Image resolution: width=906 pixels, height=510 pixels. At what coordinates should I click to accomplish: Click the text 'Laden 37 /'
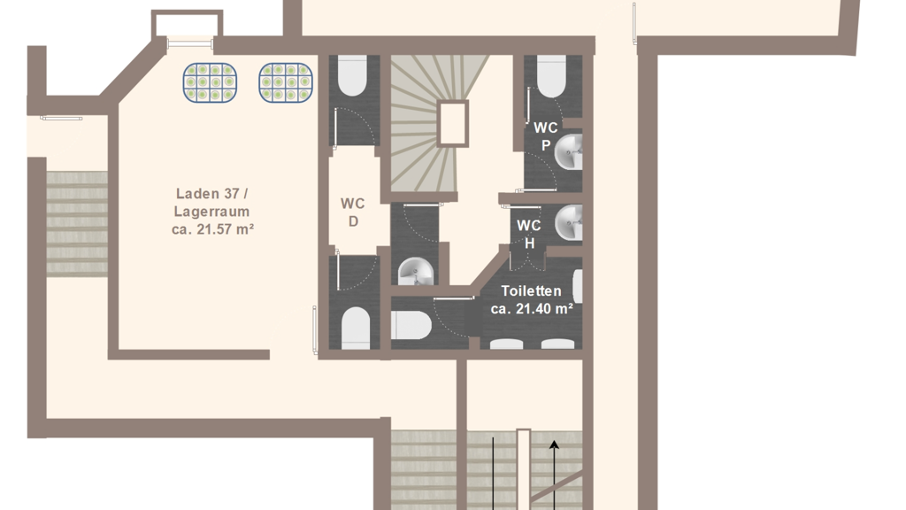tap(212, 194)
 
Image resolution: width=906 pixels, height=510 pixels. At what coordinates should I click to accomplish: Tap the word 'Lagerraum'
tap(212, 212)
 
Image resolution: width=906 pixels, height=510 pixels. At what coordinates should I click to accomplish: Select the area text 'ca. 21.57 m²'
tap(212, 229)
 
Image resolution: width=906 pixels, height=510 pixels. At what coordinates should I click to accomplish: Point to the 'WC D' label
tap(352, 212)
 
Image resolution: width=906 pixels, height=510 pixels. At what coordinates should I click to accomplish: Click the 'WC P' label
tap(545, 135)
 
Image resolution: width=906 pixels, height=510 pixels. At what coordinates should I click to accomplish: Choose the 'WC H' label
tap(529, 234)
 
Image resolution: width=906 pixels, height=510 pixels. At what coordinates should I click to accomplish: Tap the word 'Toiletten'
tap(531, 290)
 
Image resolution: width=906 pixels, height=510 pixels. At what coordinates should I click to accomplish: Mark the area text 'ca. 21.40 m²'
tap(532, 309)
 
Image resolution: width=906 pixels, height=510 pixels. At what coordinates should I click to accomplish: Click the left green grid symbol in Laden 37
tap(210, 82)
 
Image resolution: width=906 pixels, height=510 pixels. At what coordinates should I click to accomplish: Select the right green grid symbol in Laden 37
tap(286, 82)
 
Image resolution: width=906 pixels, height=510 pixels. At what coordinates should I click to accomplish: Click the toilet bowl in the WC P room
tap(551, 76)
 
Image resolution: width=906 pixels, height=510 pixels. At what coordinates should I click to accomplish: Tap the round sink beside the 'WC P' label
tap(569, 152)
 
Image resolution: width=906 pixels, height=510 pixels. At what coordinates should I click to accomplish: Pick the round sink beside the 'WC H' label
tap(569, 222)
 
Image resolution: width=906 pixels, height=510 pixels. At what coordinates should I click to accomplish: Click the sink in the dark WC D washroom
tap(416, 272)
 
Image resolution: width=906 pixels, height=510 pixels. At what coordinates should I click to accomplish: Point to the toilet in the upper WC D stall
tap(352, 76)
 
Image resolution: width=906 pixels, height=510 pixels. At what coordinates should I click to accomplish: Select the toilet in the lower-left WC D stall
tap(356, 328)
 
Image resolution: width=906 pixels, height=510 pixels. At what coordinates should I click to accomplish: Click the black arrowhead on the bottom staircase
tap(554, 444)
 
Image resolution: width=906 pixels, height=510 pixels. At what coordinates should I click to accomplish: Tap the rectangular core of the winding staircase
tap(452, 123)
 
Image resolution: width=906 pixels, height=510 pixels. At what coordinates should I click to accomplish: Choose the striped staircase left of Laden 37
tap(77, 222)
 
